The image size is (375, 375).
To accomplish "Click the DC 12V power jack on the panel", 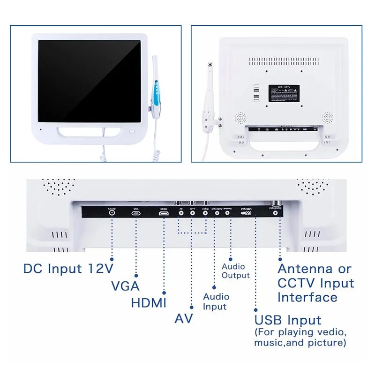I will pos(112,212).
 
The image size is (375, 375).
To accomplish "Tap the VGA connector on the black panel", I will pos(136,213).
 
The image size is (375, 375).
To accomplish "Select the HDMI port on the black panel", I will pos(164,213).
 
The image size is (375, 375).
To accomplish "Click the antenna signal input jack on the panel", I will pos(280,212).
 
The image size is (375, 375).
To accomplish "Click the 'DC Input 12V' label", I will pos(68,269).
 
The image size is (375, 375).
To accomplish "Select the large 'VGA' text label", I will pos(125,286).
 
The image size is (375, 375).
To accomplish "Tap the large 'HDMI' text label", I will pos(149,303).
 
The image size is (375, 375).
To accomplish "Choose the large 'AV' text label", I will pos(184,319).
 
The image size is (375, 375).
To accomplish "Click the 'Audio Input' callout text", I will pos(216,302).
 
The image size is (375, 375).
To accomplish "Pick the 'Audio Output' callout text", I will pos(235,271).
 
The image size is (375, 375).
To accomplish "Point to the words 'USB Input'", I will pos(288,321).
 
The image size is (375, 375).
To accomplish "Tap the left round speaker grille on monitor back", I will pos(240,117).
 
